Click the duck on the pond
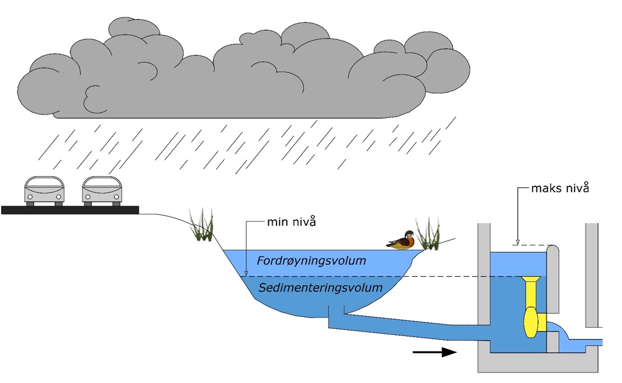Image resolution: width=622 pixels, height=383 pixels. coord(401,242)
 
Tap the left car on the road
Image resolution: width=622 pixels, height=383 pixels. coord(44,191)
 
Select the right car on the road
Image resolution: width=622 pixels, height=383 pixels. coord(102,191)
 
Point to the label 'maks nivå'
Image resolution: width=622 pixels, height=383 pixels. coord(560,188)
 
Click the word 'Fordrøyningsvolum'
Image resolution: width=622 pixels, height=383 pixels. coord(311,261)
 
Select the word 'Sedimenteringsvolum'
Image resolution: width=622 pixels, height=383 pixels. coord(320,288)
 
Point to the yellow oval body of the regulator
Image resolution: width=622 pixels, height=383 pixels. coord(530,321)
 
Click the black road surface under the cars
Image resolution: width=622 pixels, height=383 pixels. coord(70,210)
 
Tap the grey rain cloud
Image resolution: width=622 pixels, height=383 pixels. coord(241,73)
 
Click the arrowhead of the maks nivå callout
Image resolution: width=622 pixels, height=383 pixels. coord(518,243)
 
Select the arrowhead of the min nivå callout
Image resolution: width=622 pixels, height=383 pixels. coord(245,273)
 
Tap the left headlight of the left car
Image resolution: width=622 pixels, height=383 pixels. coord(30,196)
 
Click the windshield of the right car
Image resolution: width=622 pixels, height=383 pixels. coord(102,184)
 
